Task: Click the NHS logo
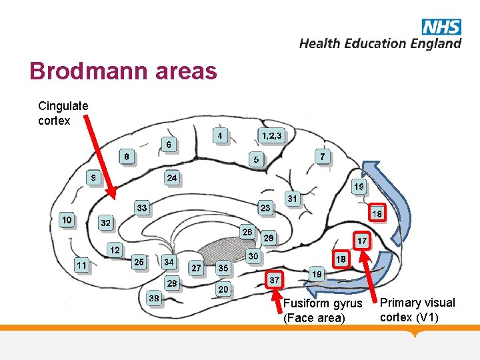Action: [x=441, y=27]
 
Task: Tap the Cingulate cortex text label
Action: [x=63, y=113]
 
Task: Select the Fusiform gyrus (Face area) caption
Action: [x=322, y=311]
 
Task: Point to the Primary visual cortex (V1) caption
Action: [x=417, y=309]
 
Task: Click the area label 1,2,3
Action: [x=271, y=136]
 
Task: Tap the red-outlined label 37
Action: [x=274, y=280]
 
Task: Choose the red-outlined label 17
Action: [x=362, y=240]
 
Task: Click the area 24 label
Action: [x=172, y=178]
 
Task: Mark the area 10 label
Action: [x=67, y=219]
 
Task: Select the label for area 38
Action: [x=154, y=299]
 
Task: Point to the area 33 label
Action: [x=142, y=208]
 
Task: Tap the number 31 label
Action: [x=292, y=198]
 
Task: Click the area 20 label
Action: [x=223, y=289]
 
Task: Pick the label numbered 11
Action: [x=81, y=265]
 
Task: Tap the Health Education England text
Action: [x=380, y=43]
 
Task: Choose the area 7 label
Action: [x=323, y=157]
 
